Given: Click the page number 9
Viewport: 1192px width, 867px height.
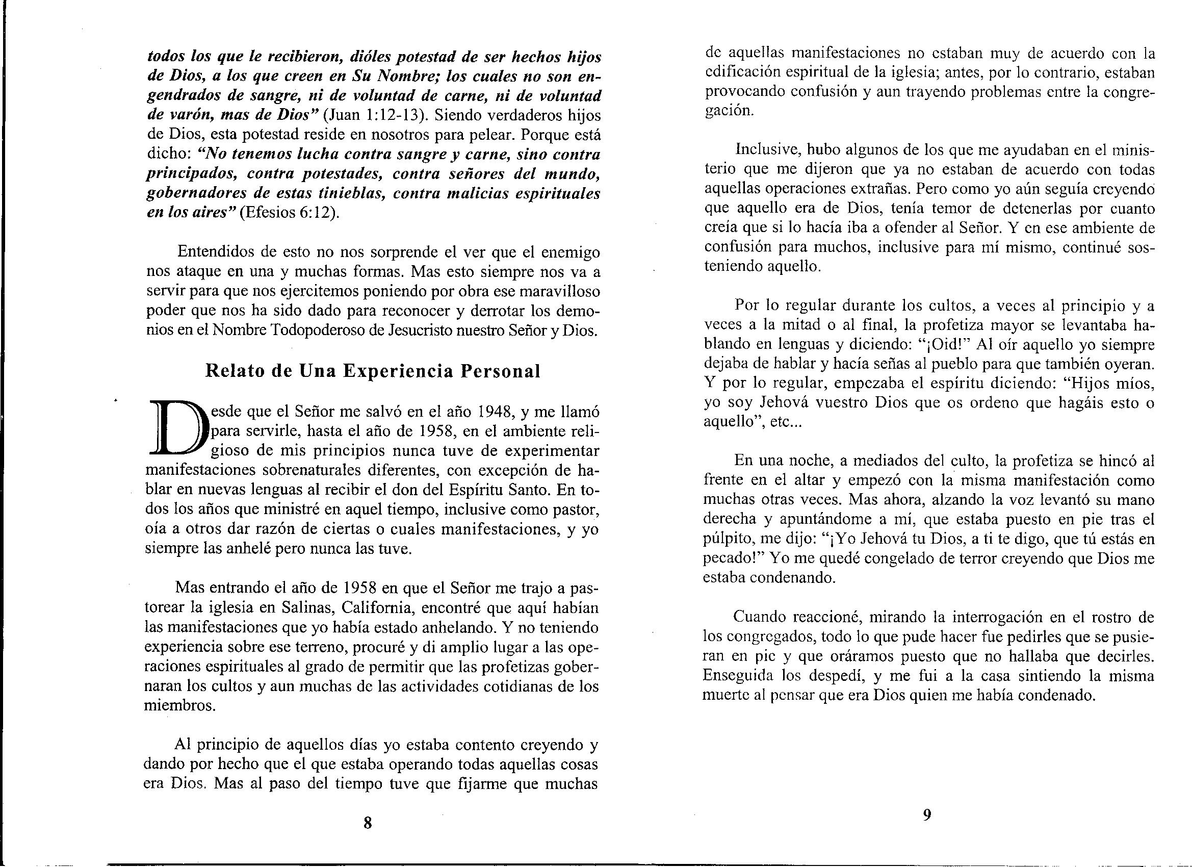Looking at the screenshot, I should click(927, 815).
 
